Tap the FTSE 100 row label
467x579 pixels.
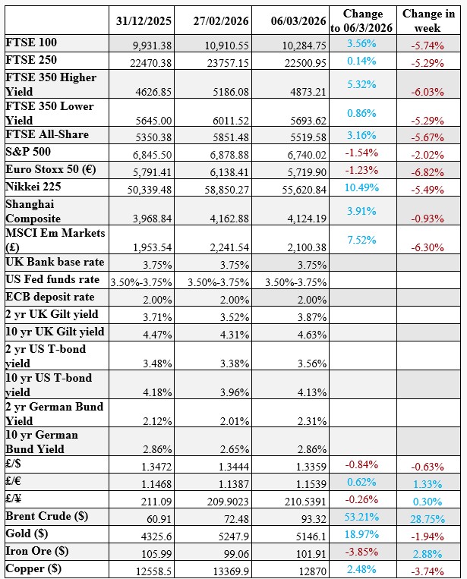point(31,42)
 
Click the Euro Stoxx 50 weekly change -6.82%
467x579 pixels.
point(427,171)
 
